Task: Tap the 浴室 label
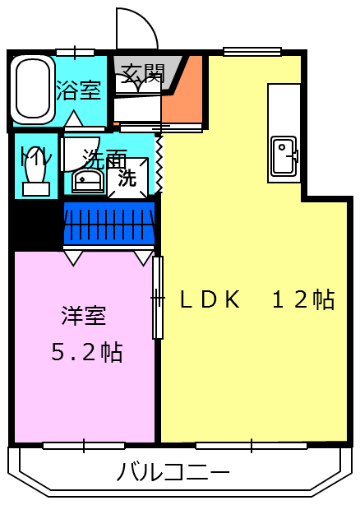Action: pos(79,90)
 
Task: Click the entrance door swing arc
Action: pos(136,29)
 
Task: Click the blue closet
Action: pos(109,223)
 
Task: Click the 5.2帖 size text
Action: pos(86,353)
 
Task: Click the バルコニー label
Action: pos(173,472)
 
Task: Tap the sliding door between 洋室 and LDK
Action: pos(158,298)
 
